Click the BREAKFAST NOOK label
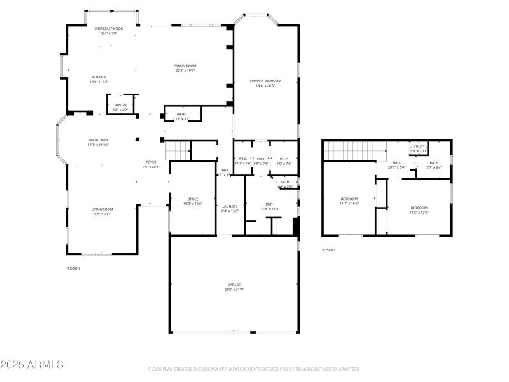[x=108, y=29]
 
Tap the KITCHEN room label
[x=99, y=77]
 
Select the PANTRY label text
[x=120, y=105]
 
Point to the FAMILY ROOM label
[x=185, y=66]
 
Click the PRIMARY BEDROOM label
[x=265, y=81]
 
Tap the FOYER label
[x=151, y=162]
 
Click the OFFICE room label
[x=193, y=199]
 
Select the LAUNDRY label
[x=230, y=206]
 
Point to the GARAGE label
[x=234, y=285]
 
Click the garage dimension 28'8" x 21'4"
[x=234, y=290]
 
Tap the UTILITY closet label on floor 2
[x=418, y=146]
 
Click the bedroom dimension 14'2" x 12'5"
[x=419, y=212]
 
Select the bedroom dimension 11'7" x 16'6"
[x=349, y=203]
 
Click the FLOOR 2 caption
[x=329, y=250]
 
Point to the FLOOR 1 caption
[x=73, y=269]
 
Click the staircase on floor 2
[x=356, y=152]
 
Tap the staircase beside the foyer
[x=178, y=152]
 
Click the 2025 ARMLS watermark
[x=32, y=365]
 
